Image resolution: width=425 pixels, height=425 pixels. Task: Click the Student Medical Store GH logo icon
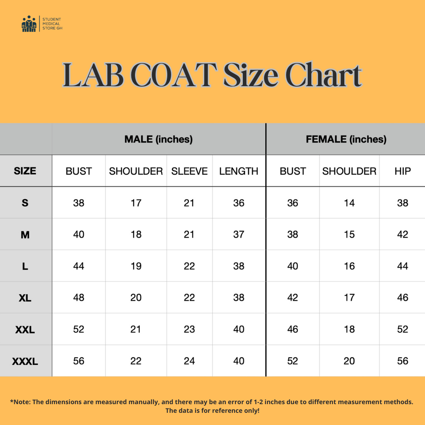(29, 24)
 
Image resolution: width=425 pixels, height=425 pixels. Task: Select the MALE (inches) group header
(159, 139)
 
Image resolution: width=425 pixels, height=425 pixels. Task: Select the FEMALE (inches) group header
(346, 139)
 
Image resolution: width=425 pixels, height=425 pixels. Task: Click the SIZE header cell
(25, 171)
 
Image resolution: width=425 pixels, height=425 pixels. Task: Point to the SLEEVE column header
(189, 171)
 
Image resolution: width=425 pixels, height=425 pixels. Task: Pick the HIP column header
(403, 171)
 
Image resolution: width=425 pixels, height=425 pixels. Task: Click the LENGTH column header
(239, 171)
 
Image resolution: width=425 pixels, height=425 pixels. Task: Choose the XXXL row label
(25, 361)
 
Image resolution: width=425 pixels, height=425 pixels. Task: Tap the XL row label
(25, 298)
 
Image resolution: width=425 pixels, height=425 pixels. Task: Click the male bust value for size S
(79, 203)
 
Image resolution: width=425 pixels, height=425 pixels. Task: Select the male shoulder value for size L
(136, 266)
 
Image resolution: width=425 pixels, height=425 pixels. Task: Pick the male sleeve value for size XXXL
(189, 361)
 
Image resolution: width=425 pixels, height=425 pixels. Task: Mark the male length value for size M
(239, 235)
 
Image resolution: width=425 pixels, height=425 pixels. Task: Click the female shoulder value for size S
(349, 203)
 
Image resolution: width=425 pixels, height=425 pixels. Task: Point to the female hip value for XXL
(403, 329)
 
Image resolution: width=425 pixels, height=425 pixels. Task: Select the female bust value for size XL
(293, 298)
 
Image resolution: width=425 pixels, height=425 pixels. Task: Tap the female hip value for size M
(403, 235)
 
